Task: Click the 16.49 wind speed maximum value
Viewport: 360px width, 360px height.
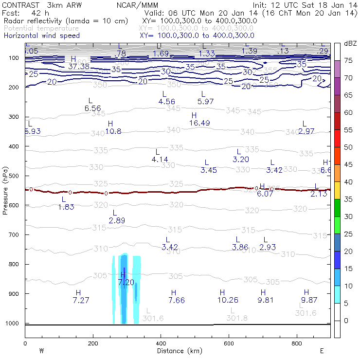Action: pyautogui.click(x=199, y=123)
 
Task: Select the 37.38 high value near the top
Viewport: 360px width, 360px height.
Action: pyautogui.click(x=79, y=66)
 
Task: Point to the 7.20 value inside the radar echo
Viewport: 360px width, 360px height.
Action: pyautogui.click(x=126, y=282)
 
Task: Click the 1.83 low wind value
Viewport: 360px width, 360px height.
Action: pyautogui.click(x=66, y=207)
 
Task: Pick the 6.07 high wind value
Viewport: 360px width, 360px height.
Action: pyautogui.click(x=265, y=194)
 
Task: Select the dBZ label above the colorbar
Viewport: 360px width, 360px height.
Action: pyautogui.click(x=350, y=44)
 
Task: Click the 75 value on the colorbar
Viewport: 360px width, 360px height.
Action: pyautogui.click(x=349, y=60)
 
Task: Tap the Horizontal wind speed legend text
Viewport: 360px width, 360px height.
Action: pyautogui.click(x=42, y=36)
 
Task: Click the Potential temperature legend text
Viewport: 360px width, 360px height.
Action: pyautogui.click(x=41, y=28)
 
